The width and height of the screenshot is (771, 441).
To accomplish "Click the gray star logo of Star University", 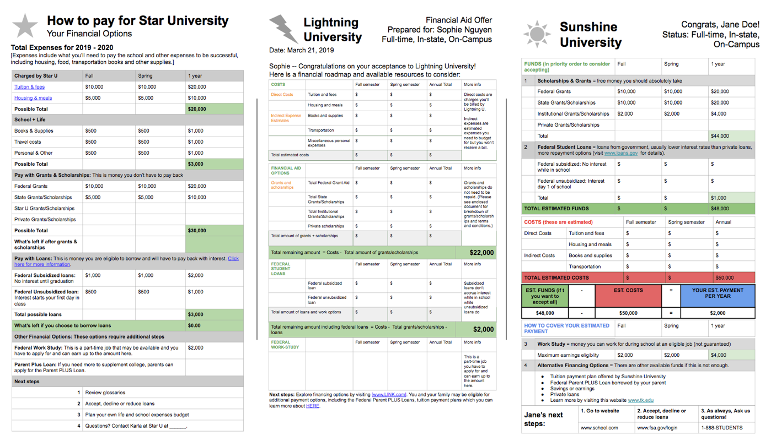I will [x=25, y=26].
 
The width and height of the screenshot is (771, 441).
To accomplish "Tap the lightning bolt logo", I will [x=283, y=29].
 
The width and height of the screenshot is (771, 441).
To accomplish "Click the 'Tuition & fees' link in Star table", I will [x=30, y=87].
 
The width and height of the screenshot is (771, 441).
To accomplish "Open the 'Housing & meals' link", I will [x=33, y=98].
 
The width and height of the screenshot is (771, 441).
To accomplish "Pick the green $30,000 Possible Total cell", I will [x=214, y=231].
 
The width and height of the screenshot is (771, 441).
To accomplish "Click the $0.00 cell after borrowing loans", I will [x=214, y=325].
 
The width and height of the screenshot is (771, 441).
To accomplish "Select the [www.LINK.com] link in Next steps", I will [x=389, y=395].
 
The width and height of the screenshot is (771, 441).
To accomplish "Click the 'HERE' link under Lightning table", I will [x=313, y=406].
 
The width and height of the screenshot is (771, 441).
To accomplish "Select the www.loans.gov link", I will [x=621, y=153].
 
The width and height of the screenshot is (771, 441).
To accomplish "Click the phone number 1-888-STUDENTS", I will [x=722, y=428].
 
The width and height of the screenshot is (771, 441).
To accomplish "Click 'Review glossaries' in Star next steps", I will [x=105, y=393].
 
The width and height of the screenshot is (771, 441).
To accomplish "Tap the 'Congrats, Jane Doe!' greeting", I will [x=720, y=25].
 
